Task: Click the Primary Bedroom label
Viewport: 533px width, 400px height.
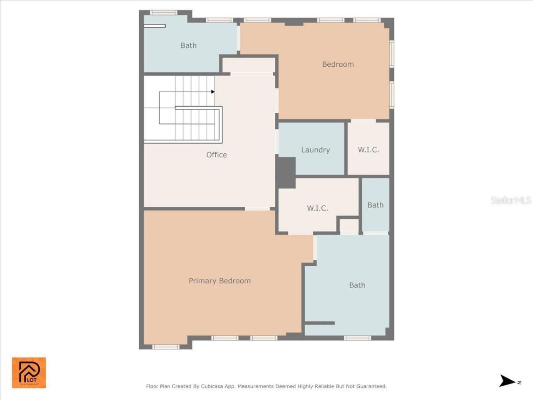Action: click(219, 281)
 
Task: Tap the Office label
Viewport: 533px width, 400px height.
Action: click(217, 155)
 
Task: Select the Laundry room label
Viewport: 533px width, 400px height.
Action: click(315, 150)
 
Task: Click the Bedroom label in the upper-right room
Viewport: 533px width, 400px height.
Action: click(338, 64)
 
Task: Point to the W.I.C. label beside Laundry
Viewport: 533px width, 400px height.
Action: click(369, 150)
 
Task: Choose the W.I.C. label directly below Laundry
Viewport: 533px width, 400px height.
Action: click(317, 208)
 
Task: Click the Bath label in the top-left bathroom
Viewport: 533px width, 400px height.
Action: click(188, 45)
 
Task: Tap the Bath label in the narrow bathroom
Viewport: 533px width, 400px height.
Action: click(375, 205)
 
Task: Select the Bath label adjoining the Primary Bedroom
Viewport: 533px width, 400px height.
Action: click(357, 285)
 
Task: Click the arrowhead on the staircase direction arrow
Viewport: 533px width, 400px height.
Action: click(213, 92)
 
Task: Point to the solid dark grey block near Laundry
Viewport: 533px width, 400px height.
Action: click(286, 172)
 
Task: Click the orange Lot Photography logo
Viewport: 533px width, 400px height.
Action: click(29, 372)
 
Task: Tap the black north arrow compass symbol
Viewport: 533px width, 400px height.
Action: click(507, 381)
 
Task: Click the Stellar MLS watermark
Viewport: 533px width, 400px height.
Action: click(511, 200)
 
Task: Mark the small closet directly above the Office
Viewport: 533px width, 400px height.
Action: click(249, 65)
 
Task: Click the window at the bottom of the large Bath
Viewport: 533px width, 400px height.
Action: click(357, 338)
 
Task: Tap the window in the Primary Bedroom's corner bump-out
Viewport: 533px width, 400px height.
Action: click(165, 347)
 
